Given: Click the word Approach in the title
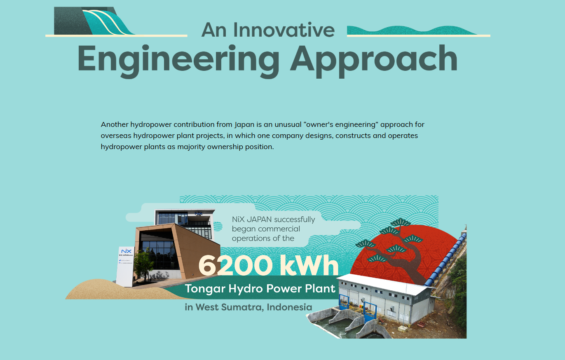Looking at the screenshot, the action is coord(374,61).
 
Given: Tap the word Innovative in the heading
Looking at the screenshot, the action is coord(284,30).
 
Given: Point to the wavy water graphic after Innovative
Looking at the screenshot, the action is coord(411,30).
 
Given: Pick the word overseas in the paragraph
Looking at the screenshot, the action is coord(116,136).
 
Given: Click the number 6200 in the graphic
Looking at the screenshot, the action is coord(236,265).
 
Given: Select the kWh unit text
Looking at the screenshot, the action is coord(309,265).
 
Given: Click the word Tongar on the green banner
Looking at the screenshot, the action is coord(205,289).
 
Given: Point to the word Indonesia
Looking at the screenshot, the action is coord(289,307).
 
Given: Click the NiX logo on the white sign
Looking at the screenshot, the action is coord(126,251).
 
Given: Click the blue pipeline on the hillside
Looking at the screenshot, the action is coord(446,259).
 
